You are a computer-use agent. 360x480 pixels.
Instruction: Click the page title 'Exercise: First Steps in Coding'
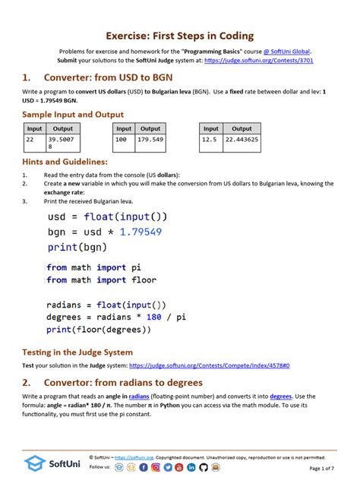pos(180,36)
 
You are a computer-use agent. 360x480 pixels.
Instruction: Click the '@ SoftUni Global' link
pos(285,51)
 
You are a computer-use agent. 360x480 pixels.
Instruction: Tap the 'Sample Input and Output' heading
pos(73,114)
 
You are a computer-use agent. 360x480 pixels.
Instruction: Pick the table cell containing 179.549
pos(150,140)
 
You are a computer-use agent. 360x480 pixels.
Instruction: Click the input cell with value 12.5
pos(210,140)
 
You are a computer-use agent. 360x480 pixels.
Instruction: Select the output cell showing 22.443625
pos(242,140)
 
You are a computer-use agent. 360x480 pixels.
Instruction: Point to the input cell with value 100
pos(123,140)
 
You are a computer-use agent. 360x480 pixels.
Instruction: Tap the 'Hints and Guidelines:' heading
pos(65,162)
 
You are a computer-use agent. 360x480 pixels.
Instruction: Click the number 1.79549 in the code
pos(137,232)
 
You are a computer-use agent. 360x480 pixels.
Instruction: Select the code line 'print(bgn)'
pos(73,247)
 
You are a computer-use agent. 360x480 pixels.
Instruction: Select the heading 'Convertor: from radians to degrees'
pos(123,382)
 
